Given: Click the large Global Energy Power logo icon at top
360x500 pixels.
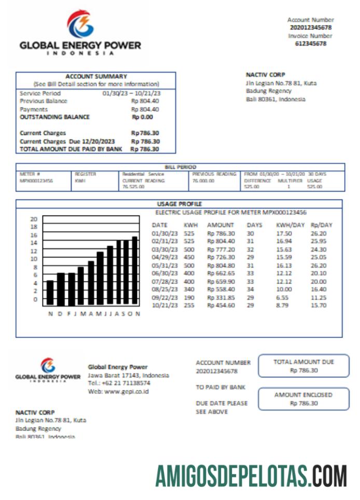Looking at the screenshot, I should click(80, 24).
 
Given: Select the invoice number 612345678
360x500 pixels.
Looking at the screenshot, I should click(311, 44).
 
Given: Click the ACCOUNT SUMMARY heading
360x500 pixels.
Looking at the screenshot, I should click(96, 76).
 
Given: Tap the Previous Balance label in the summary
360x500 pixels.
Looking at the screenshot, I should click(44, 101).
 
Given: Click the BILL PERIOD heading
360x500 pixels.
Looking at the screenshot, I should click(179, 167).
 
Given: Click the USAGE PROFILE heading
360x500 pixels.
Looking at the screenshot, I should click(179, 204).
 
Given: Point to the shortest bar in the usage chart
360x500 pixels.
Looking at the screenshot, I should click(50, 293).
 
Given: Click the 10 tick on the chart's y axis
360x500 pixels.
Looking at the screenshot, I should click(34, 259).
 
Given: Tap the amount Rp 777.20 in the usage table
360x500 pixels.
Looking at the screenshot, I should click(221, 250).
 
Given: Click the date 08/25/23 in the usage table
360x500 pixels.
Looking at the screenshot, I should click(164, 289).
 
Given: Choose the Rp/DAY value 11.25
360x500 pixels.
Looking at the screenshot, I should click(319, 298).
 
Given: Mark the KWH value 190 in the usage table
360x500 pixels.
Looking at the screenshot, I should click(190, 298).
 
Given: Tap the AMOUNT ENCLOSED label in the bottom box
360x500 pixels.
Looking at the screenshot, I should click(303, 395).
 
